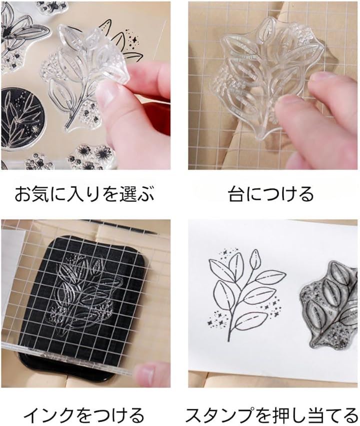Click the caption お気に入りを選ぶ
click(x=84, y=194)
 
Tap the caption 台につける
click(x=271, y=194)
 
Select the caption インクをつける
click(x=83, y=415)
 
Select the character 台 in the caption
click(x=236, y=194)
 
